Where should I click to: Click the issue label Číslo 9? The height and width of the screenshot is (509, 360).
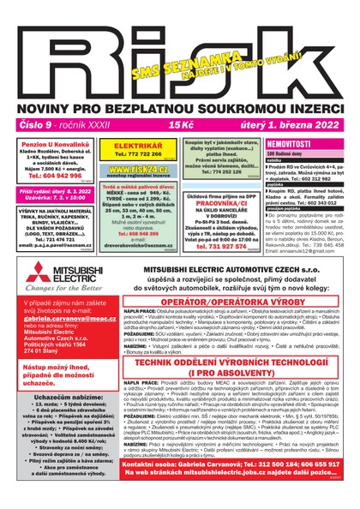[33, 101]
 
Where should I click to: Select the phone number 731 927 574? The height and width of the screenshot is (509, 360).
[195, 246]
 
